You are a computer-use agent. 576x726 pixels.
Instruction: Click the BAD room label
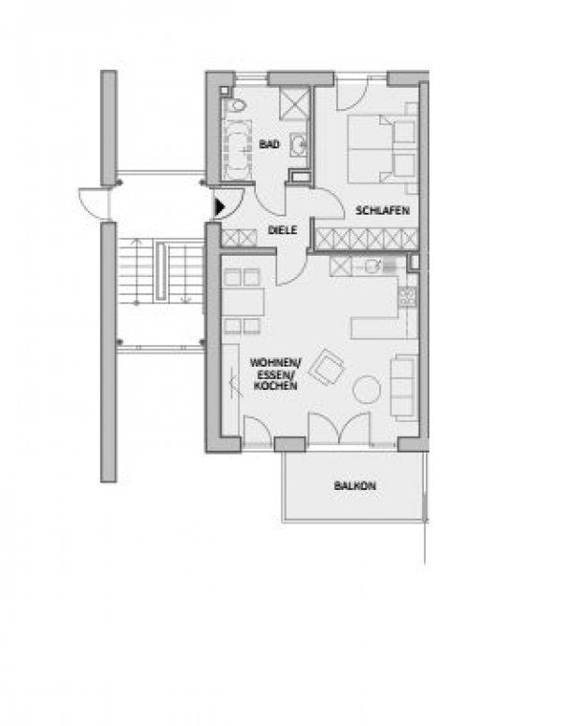[x=269, y=145]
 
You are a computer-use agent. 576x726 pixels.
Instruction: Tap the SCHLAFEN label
[x=383, y=211]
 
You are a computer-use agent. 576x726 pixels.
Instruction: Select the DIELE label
[x=283, y=230]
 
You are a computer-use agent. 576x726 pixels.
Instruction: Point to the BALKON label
[x=355, y=485]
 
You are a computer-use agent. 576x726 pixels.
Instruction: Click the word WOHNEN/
[x=275, y=362]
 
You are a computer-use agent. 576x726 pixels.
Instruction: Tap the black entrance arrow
[x=219, y=207]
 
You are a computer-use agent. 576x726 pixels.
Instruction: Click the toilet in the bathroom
[x=238, y=105]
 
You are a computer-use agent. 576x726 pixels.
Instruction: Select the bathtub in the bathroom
[x=237, y=150]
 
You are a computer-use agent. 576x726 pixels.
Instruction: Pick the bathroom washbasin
[x=299, y=145]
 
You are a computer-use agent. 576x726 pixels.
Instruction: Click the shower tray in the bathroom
[x=294, y=104]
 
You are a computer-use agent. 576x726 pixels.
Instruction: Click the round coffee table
[x=366, y=389]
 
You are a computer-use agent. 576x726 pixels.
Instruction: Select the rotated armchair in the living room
[x=327, y=367]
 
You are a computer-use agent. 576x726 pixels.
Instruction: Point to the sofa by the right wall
[x=404, y=387]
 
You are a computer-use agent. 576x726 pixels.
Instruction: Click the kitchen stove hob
[x=407, y=297]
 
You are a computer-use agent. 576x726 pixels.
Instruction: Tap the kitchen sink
[x=372, y=266]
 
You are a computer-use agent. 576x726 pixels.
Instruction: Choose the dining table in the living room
[x=243, y=301]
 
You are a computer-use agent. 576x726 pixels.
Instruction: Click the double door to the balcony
[x=340, y=428]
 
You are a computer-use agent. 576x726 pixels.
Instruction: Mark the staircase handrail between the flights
[x=161, y=272]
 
